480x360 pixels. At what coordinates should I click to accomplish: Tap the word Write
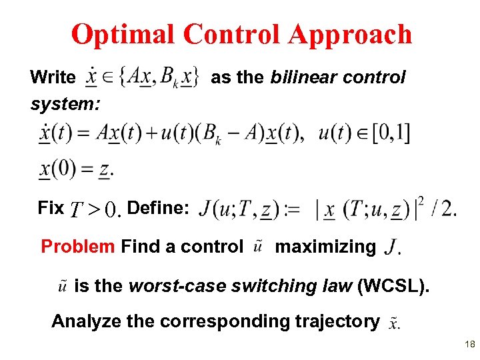click(x=53, y=77)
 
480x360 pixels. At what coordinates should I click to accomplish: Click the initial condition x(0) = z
click(x=75, y=169)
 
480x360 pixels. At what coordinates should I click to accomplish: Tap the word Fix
click(x=51, y=208)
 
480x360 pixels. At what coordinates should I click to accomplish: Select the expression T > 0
click(x=95, y=211)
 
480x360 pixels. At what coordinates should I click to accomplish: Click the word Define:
click(x=158, y=208)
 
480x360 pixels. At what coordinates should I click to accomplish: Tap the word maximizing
click(x=325, y=247)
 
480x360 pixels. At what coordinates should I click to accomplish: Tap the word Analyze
click(x=86, y=321)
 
